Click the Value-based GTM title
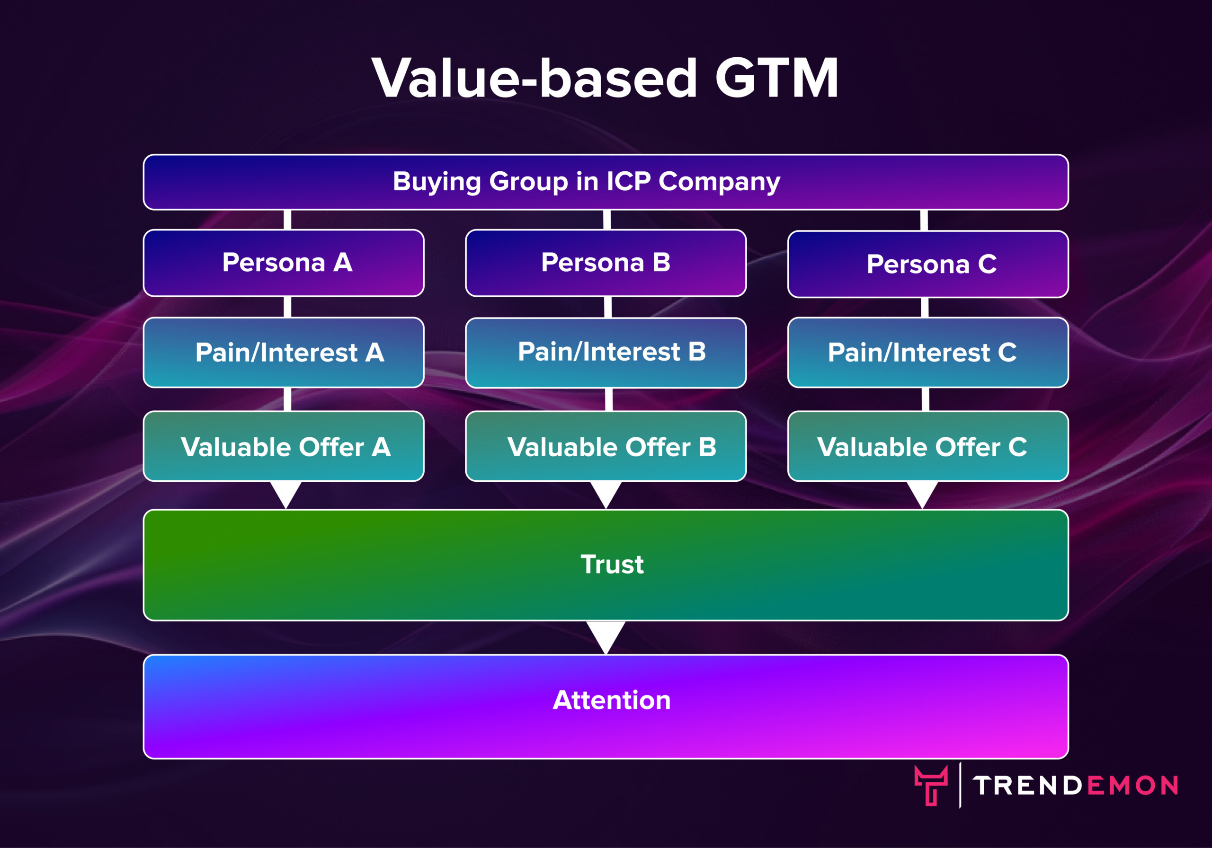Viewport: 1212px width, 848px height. click(x=605, y=79)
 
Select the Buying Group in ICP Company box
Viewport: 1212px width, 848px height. click(x=606, y=182)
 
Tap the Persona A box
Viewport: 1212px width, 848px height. click(x=284, y=263)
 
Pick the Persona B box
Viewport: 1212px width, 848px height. click(x=606, y=263)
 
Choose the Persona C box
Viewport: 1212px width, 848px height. click(x=928, y=264)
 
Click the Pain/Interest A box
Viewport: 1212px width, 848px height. click(x=284, y=353)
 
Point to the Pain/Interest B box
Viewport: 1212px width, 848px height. click(x=606, y=353)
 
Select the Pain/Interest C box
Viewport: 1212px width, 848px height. click(x=928, y=353)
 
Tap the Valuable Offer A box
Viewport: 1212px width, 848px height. click(x=284, y=446)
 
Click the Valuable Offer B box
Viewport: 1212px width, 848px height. click(x=606, y=446)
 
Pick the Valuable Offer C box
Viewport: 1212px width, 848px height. click(x=928, y=446)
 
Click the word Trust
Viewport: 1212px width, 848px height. click(x=612, y=564)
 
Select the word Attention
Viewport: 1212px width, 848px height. click(x=612, y=700)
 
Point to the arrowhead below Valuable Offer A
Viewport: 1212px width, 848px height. click(x=285, y=494)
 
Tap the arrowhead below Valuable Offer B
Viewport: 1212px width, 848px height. click(x=606, y=494)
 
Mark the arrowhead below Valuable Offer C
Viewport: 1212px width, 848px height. click(x=922, y=494)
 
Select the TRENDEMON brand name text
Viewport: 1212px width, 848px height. click(x=1076, y=785)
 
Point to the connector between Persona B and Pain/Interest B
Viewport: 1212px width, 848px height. click(x=607, y=307)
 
